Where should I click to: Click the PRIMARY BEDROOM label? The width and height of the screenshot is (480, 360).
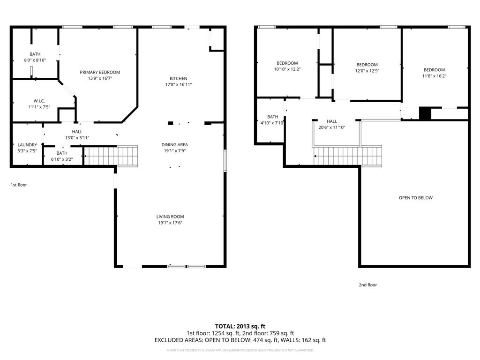coord(100,72)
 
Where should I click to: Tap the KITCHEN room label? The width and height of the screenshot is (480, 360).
coord(178,78)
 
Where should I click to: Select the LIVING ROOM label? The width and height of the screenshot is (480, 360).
coord(170,217)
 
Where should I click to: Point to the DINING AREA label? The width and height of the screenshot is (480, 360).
coord(174,145)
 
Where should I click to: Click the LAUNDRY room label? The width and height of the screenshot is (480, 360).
coord(27,145)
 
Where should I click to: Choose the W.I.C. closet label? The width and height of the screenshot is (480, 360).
coord(39,101)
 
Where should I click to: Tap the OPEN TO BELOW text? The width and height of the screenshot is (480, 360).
coord(415,198)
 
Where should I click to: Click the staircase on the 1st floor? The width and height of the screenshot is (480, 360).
coord(111,156)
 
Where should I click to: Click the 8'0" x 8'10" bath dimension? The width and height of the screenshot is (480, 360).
coord(35,60)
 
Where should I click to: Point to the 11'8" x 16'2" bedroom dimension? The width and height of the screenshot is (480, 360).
coord(434,76)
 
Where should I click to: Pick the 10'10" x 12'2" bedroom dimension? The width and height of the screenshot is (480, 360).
coord(287,69)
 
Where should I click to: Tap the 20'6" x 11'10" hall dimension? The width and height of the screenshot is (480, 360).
coord(332,127)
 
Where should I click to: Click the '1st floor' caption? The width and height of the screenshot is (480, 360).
coord(19,185)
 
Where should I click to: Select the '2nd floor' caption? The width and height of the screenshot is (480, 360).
coord(368,285)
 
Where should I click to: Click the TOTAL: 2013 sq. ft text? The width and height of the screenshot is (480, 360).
coord(240,326)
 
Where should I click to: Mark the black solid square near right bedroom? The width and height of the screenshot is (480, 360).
coord(425,114)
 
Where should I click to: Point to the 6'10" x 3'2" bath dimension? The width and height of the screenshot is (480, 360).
coord(62,159)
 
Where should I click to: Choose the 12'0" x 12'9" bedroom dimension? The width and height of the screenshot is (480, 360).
coord(367,71)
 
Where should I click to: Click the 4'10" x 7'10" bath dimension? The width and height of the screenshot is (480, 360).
coord(272,123)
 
